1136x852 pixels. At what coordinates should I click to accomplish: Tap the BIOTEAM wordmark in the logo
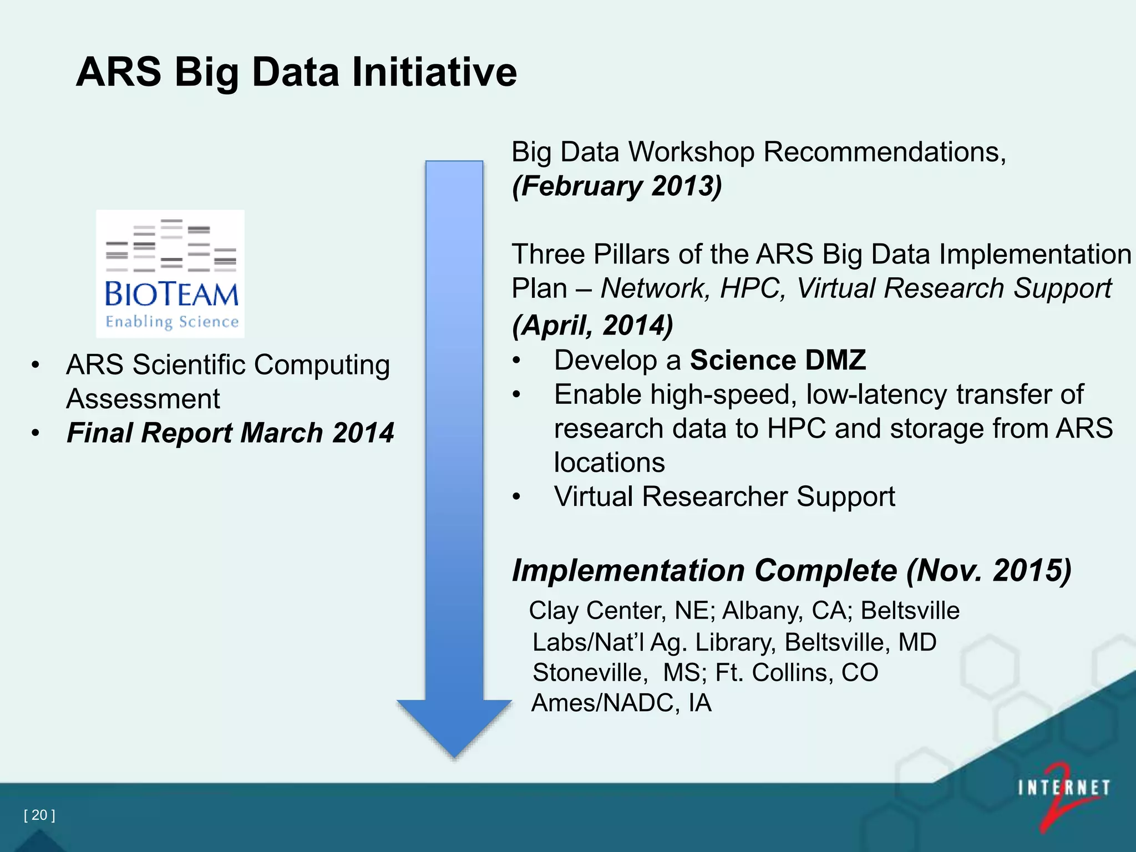[x=171, y=294]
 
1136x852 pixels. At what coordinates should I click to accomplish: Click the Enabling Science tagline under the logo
[x=172, y=322]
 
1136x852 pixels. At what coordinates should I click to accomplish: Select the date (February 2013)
[x=617, y=186]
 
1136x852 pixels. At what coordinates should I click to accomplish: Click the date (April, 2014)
[x=592, y=325]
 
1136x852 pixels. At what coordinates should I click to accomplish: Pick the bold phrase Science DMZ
[x=778, y=361]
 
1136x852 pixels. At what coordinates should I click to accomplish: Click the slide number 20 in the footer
[x=39, y=815]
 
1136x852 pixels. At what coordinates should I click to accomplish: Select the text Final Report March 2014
[x=230, y=433]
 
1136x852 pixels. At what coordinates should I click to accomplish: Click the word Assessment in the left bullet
[x=143, y=399]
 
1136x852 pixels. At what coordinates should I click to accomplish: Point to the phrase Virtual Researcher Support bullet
[x=724, y=496]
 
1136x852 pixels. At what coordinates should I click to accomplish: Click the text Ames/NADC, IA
[x=621, y=703]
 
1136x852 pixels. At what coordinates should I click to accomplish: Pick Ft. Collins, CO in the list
[x=797, y=673]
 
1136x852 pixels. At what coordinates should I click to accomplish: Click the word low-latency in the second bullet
[x=876, y=395]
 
